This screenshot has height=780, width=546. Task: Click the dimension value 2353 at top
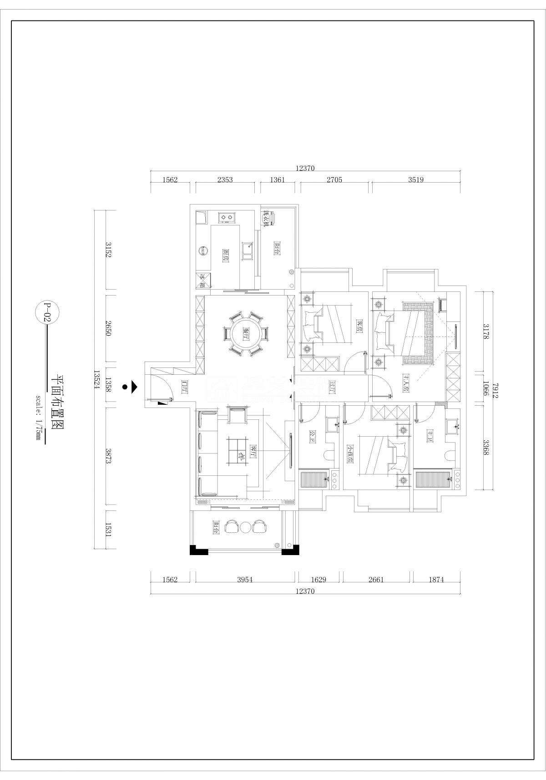point(225,180)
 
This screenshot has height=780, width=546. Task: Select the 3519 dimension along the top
point(415,180)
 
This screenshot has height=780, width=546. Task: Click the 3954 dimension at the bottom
point(245,580)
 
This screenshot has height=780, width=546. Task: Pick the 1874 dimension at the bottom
point(435,580)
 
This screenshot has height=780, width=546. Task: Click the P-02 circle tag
point(46,312)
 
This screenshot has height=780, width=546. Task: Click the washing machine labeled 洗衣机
point(269,219)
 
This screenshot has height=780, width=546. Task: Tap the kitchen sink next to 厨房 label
point(248,251)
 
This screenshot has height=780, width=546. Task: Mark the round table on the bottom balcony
point(246,527)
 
